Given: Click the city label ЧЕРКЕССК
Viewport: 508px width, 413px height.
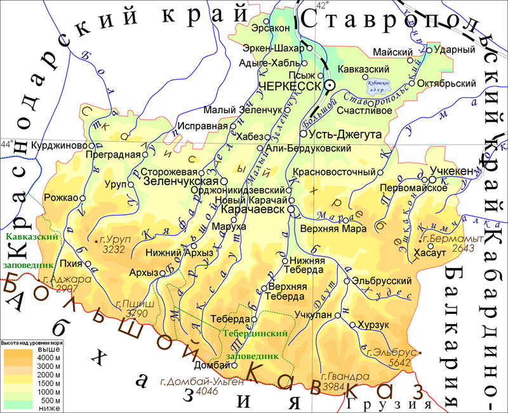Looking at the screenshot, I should (290, 86).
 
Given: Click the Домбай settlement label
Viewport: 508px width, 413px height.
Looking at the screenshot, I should (210, 365).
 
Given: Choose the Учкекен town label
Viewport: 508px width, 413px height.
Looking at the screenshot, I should (450, 172).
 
